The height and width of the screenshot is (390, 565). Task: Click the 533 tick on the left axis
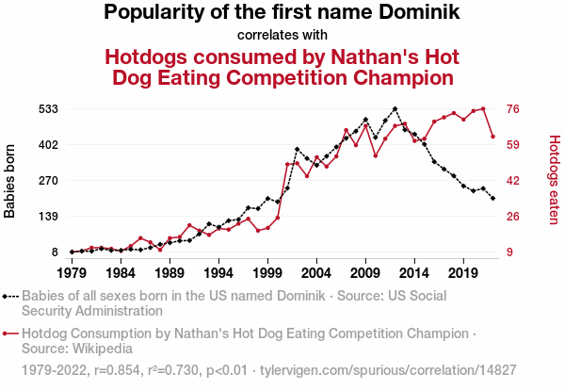click(48, 109)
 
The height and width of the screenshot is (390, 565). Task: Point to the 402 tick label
click(48, 145)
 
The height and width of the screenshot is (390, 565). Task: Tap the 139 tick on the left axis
click(48, 217)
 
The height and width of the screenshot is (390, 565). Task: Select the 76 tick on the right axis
click(514, 109)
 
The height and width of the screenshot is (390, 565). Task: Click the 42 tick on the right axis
click(514, 181)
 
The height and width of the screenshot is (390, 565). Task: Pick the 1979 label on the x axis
click(72, 273)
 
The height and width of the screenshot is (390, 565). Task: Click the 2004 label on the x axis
click(316, 273)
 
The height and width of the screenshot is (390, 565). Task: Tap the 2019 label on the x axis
click(463, 273)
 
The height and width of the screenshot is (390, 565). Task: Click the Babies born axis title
click(10, 181)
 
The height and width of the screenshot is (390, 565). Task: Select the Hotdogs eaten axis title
click(554, 181)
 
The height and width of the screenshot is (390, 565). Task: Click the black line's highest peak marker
click(395, 109)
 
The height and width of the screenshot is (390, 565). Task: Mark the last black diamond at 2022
click(492, 198)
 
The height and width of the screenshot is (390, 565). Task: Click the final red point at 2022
click(492, 137)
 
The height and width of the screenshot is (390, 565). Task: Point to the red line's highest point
click(483, 108)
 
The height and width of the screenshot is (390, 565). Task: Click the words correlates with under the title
click(282, 35)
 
